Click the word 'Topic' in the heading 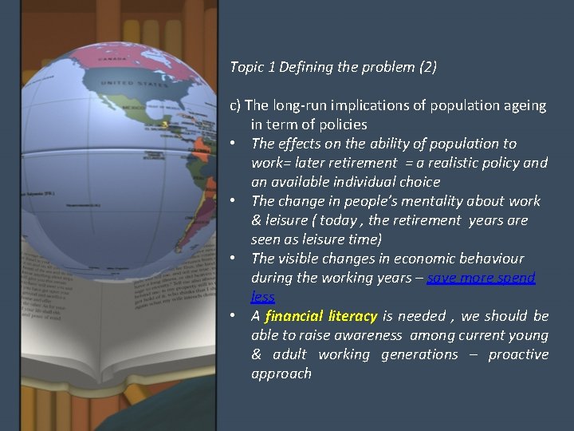[246, 68]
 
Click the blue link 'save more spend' [481, 278]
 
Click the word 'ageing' [525, 105]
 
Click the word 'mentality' [411, 201]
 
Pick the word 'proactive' [518, 354]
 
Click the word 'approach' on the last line [281, 374]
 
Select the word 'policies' [340, 125]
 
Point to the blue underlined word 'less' [262, 297]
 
